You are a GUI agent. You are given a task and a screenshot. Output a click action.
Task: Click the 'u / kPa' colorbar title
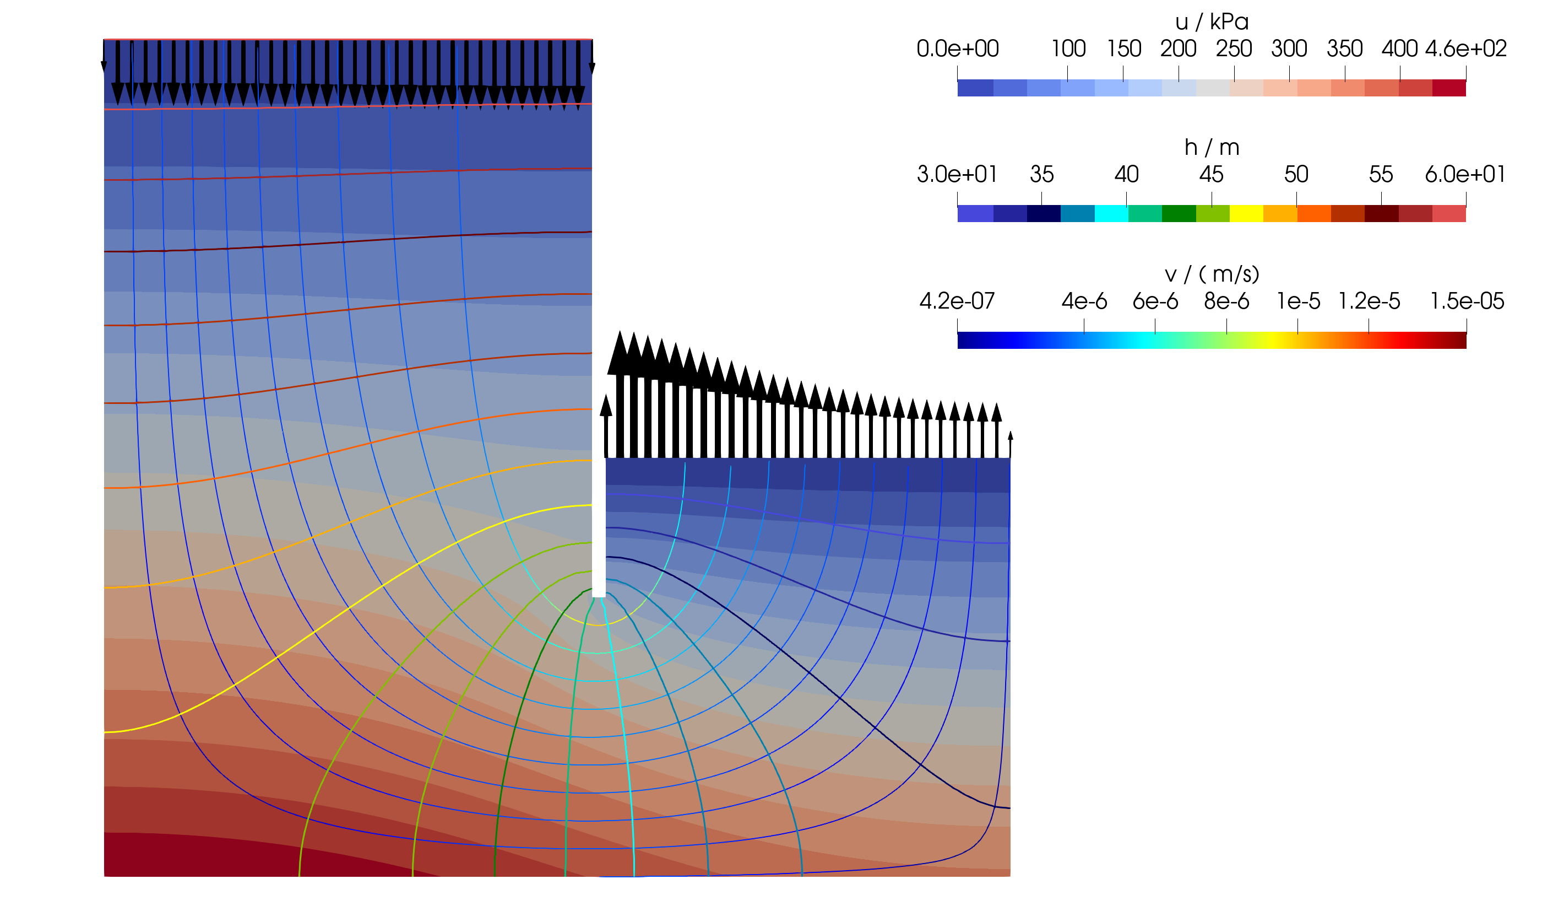[x=1211, y=22]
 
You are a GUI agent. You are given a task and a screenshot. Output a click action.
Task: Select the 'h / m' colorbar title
[x=1211, y=148]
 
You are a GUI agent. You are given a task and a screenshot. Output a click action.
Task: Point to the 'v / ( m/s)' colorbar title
[x=1211, y=274]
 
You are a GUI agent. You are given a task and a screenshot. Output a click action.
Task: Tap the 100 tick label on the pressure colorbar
[x=1068, y=49]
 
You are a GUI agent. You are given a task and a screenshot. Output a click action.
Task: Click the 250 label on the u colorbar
[x=1234, y=49]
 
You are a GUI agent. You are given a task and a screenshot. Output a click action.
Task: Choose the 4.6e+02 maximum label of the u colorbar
[x=1465, y=49]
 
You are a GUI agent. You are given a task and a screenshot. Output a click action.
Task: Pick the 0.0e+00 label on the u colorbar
[x=958, y=49]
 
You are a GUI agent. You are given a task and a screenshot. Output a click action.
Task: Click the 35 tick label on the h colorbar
[x=1041, y=175]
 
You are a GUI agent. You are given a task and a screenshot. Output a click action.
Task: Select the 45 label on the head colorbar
[x=1211, y=175]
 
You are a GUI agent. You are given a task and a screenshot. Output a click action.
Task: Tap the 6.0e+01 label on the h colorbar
[x=1465, y=175]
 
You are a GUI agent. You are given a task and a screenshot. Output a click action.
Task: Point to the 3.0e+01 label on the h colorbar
[x=957, y=175]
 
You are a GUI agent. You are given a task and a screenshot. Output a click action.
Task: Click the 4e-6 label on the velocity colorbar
[x=1084, y=301]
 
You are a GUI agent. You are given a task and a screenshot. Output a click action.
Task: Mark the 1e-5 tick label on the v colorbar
[x=1298, y=301]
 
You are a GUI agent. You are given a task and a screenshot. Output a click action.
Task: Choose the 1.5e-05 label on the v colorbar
[x=1467, y=301]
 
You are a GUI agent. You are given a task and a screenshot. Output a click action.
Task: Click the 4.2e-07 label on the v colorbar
[x=957, y=301]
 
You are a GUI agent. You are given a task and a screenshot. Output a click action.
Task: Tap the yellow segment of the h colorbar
[x=1246, y=214]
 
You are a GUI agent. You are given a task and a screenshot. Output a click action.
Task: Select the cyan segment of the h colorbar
[x=1111, y=214]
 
